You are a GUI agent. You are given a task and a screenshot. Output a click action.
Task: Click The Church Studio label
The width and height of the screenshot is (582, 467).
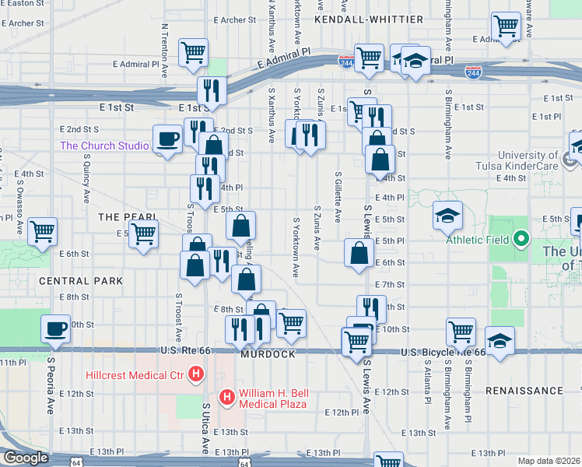pos(104,146)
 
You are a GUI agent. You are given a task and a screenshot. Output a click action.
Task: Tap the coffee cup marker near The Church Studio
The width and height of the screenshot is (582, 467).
pos(168,139)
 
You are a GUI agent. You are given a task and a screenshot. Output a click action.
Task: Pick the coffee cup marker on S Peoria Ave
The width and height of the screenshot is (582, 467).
pos(56,328)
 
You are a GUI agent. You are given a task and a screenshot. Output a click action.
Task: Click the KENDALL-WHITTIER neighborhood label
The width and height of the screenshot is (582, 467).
pos(369,19)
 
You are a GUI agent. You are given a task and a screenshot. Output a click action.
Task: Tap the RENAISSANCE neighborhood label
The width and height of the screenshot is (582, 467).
pos(524,390)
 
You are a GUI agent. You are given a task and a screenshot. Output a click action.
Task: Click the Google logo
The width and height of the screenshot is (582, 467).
pos(26,458)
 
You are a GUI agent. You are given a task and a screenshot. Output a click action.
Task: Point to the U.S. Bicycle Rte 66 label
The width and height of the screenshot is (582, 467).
pos(444,353)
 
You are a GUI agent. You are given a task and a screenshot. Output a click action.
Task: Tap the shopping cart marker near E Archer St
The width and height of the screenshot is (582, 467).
pos(193,53)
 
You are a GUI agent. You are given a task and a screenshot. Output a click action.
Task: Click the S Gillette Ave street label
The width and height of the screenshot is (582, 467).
pos(338,197)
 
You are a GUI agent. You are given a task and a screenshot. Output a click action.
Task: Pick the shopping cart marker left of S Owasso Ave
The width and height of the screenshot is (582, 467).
pos(42,231)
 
